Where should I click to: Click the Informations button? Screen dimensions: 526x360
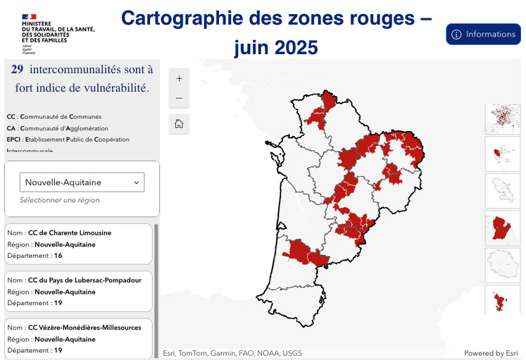tap(483, 34)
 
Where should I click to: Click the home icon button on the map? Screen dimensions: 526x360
tap(179, 124)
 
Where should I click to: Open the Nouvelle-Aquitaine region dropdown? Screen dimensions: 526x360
tap(82, 182)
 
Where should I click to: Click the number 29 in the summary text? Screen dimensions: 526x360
tap(18, 69)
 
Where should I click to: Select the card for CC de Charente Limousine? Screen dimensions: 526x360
tap(78, 244)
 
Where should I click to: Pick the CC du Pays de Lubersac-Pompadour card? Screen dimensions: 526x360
tap(78, 291)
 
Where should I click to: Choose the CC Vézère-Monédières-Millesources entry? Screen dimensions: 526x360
tap(78, 338)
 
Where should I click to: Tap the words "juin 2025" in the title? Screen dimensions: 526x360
tap(276, 47)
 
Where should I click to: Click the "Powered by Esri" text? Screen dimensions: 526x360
tap(491, 353)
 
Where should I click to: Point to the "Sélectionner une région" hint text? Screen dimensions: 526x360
tap(60, 200)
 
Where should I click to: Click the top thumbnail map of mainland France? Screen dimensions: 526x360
tap(503, 118)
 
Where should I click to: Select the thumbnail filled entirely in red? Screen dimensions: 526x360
tap(503, 228)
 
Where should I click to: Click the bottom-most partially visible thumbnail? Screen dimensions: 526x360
tap(503, 300)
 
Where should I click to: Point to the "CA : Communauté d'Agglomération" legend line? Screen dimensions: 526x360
tap(58, 128)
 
